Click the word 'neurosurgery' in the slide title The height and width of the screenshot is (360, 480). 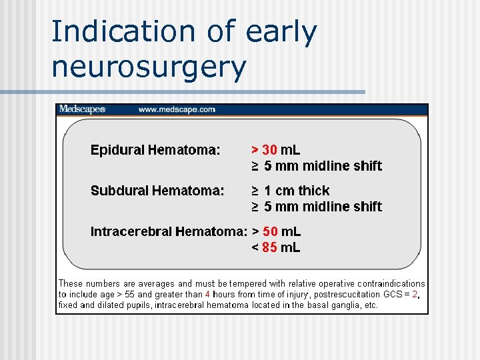[x=149, y=67]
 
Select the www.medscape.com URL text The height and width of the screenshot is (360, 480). [x=177, y=109]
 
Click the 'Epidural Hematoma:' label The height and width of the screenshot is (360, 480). [x=155, y=150]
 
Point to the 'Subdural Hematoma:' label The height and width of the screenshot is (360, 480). [x=157, y=191]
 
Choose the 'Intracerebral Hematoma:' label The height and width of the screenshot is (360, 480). [x=169, y=231]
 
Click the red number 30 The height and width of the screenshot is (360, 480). [x=270, y=150]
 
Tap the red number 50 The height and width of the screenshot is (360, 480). [x=270, y=231]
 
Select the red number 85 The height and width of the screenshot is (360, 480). [x=270, y=247]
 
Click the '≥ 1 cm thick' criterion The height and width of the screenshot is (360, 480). [x=291, y=191]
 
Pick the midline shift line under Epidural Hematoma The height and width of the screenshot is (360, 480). [x=317, y=166]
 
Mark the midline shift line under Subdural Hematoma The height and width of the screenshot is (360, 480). [x=317, y=207]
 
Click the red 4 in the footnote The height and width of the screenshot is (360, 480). [x=207, y=294]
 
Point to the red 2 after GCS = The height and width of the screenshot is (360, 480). [x=415, y=294]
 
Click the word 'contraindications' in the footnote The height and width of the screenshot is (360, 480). [x=391, y=283]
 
